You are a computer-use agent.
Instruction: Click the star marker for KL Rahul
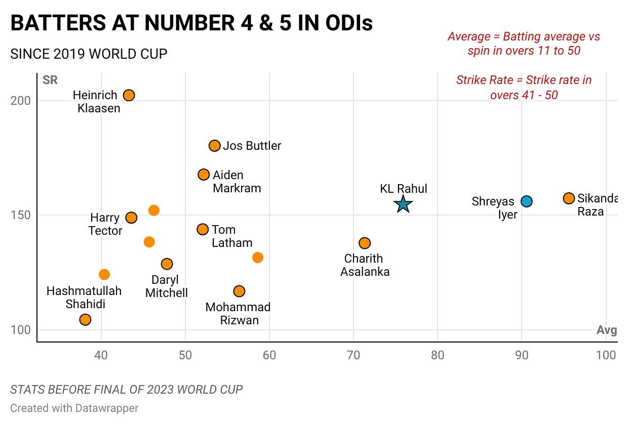[x=403, y=204]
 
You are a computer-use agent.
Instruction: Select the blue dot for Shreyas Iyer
[x=527, y=201]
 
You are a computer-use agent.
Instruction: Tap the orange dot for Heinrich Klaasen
[x=129, y=95]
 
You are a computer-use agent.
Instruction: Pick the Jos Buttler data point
[x=215, y=146]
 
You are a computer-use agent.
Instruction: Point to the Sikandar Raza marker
[x=569, y=198]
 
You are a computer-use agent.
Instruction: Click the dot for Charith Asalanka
[x=365, y=243]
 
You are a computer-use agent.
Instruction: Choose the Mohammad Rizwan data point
[x=239, y=291]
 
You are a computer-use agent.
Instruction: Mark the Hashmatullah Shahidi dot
[x=85, y=319]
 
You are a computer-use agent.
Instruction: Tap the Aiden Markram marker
[x=204, y=175]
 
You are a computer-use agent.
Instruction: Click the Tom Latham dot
[x=203, y=229]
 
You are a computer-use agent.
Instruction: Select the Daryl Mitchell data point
[x=167, y=264]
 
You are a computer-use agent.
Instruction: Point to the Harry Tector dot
[x=131, y=218]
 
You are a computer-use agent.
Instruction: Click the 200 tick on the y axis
[x=21, y=101]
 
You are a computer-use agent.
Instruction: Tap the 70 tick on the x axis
[x=354, y=355]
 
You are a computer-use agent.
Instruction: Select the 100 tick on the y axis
[x=21, y=330]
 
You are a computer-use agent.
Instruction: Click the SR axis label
[x=50, y=80]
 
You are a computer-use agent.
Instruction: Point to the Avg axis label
[x=606, y=330]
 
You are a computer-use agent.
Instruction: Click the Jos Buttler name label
[x=252, y=146]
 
